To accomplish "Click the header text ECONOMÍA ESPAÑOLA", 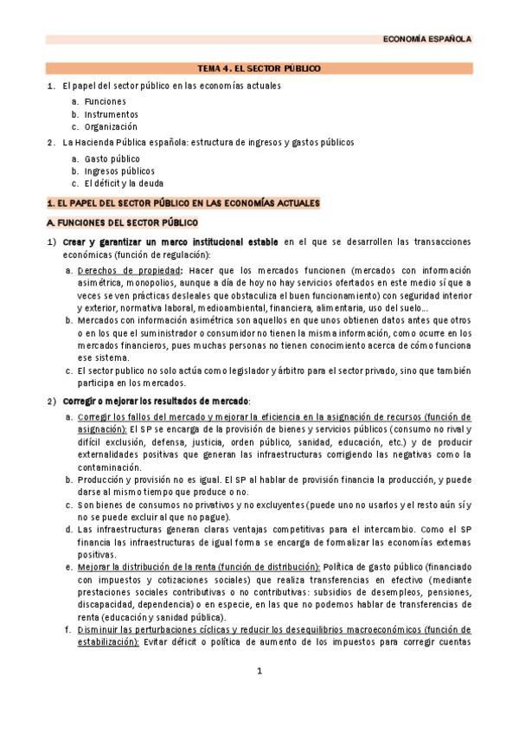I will tap(427, 39).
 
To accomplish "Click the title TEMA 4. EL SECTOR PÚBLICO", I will tap(259, 68).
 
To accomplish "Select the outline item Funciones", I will tap(105, 101).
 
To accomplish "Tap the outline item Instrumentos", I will tap(111, 114).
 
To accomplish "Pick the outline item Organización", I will tap(111, 126).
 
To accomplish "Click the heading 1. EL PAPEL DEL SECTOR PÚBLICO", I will tap(183, 203).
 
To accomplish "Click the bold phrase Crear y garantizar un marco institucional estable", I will tap(170, 241).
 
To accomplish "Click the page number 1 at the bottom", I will tap(259, 671).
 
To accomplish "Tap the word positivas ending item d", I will tap(96, 554).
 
